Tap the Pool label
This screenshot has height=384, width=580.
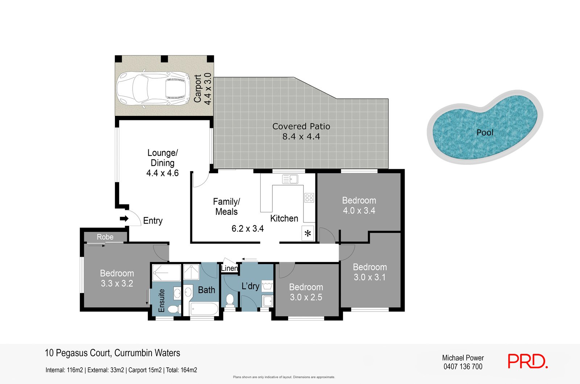tap(485, 133)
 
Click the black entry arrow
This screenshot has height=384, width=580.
tap(124, 219)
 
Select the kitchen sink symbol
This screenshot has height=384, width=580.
tap(290, 179)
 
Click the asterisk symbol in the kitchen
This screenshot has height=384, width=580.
tap(308, 233)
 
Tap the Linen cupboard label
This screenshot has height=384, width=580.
tap(229, 268)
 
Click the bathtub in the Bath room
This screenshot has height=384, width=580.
tap(204, 309)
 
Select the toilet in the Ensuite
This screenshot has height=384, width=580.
tap(174, 309)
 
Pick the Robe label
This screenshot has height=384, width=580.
tap(105, 237)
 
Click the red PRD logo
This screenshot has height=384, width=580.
tap(528, 361)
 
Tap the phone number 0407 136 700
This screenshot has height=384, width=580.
tap(463, 367)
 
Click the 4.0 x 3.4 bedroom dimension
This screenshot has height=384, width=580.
tap(359, 210)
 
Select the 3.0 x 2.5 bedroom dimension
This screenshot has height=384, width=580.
tap(306, 297)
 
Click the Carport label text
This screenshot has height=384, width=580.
tap(198, 88)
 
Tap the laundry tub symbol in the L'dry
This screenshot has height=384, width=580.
tap(267, 286)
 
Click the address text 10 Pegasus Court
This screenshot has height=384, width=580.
tap(78, 353)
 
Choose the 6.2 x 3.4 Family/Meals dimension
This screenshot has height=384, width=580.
tap(248, 229)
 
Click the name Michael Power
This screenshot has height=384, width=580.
tap(463, 358)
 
